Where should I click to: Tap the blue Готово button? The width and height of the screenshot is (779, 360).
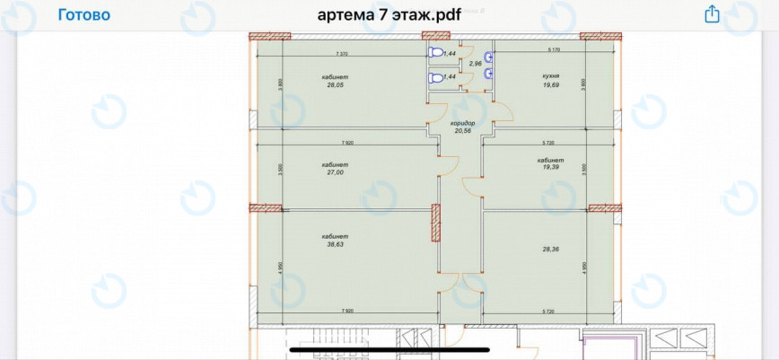(84, 15)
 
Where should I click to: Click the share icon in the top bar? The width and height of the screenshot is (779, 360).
(712, 14)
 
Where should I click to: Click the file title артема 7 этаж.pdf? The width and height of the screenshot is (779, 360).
(390, 15)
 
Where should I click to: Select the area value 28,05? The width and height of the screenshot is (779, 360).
(336, 85)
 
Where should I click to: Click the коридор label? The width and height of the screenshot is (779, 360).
(462, 123)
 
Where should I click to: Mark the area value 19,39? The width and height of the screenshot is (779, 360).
(551, 167)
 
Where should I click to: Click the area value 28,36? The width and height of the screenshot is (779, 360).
(551, 250)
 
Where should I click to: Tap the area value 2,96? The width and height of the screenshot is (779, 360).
(476, 64)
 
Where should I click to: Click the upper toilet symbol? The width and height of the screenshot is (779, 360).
(435, 53)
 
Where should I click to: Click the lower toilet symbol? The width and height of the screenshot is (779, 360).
(435, 78)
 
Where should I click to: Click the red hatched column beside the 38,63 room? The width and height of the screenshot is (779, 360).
(435, 223)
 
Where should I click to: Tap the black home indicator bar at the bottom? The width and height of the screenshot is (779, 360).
(389, 349)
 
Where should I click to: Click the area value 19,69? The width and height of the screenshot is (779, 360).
(551, 85)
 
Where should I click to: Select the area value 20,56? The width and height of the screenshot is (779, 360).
(462, 131)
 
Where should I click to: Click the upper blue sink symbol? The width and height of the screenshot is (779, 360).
(488, 54)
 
